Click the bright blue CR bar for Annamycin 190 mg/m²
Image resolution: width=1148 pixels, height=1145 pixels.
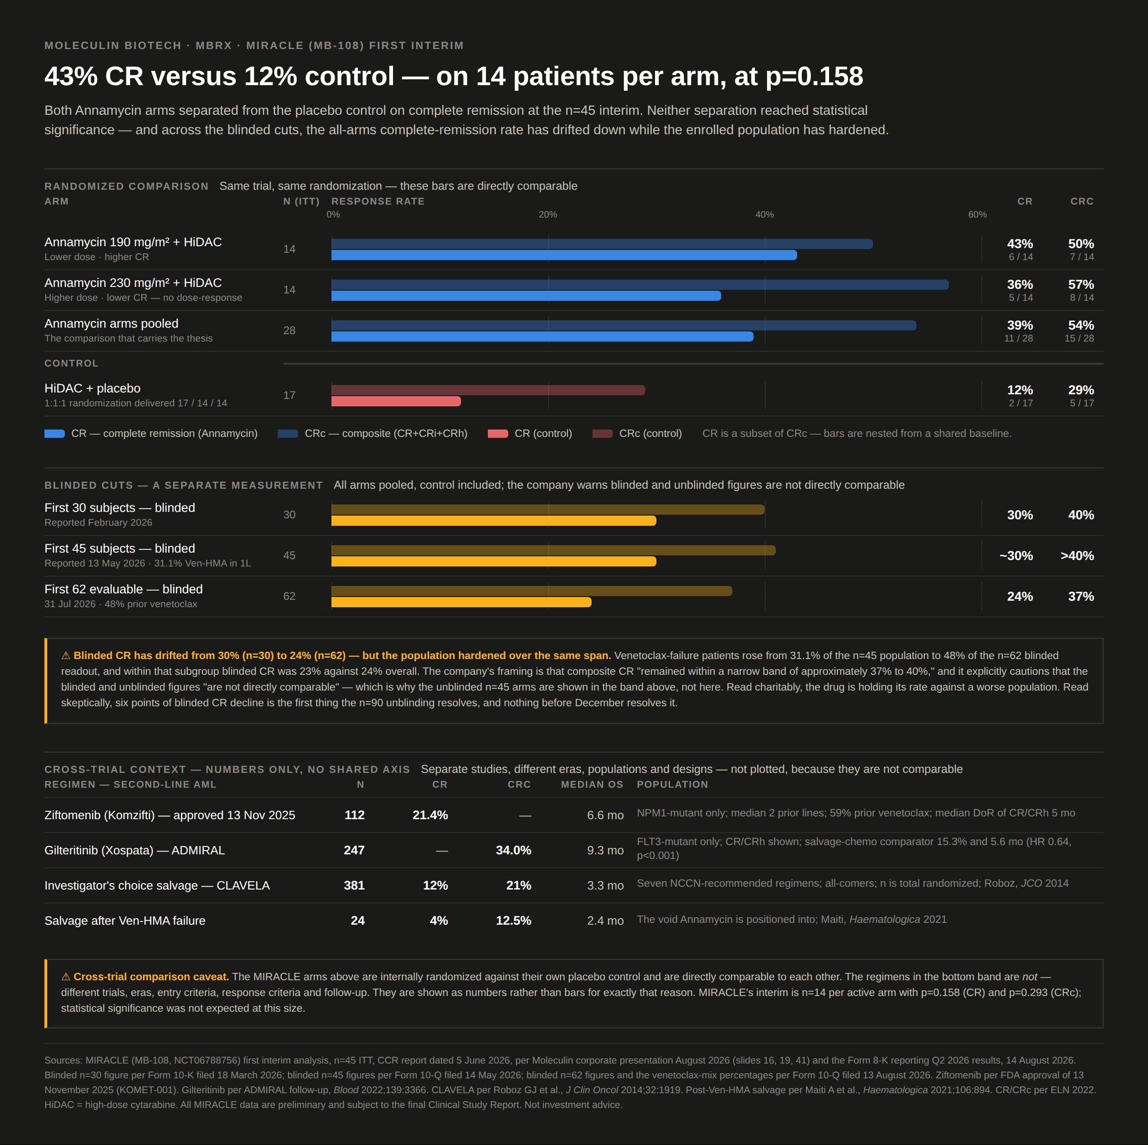coord(564,255)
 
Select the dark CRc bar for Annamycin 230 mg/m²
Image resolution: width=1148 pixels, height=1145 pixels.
coord(640,285)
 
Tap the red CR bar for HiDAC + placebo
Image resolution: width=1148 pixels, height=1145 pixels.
coord(396,402)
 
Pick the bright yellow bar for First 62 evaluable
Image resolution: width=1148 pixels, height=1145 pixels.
coord(461,603)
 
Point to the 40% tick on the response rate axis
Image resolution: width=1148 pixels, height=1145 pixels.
coord(764,214)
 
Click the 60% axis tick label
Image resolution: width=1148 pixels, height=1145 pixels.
coord(978,214)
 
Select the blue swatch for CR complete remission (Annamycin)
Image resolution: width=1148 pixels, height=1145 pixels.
coord(55,434)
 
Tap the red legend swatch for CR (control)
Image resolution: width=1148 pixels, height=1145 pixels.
coord(498,434)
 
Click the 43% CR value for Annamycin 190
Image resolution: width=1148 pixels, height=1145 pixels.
coord(1020,243)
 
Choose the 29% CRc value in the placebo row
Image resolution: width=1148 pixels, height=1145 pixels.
coord(1081,390)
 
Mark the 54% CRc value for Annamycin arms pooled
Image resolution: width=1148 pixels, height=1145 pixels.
coord(1081,325)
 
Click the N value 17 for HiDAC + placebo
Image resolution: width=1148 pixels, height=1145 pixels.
coord(289,395)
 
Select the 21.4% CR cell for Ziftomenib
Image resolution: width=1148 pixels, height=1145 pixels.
coord(430,815)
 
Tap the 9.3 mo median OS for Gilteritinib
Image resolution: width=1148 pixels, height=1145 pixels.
coord(605,850)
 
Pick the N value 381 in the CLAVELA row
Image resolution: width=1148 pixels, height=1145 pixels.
coord(354,885)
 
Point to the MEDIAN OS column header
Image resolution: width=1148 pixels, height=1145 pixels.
coord(593,784)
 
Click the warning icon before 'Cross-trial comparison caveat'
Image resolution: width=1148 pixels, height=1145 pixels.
coord(66,977)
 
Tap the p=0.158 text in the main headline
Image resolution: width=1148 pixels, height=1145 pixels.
coord(814,76)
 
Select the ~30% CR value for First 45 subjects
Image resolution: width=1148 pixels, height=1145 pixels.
coord(1016,555)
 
